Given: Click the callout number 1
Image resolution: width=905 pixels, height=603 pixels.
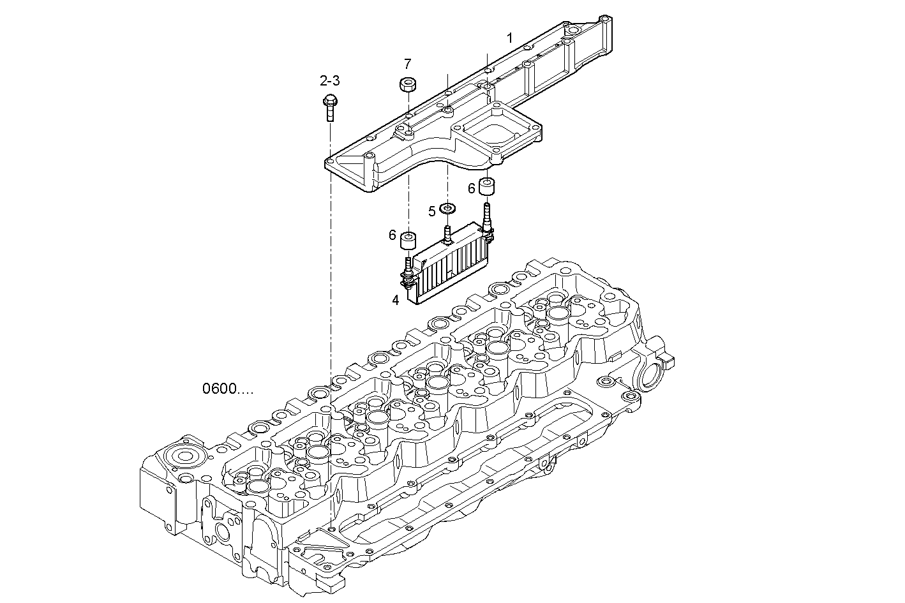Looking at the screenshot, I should tap(509, 38).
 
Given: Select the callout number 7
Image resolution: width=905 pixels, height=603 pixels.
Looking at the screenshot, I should tap(407, 64).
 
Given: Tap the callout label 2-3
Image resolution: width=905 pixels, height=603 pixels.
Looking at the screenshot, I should tap(329, 80).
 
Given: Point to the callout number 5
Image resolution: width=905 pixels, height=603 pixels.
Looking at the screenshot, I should tap(432, 211).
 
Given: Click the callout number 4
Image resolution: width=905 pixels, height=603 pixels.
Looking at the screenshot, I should tap(396, 299).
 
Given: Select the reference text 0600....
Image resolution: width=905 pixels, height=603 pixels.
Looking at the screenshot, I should tap(227, 389).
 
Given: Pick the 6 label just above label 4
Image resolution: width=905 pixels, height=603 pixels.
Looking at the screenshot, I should tap(393, 235).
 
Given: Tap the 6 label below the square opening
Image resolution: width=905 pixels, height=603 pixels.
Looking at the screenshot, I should tap(472, 188).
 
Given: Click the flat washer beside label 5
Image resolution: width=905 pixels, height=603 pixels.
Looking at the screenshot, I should tap(448, 208).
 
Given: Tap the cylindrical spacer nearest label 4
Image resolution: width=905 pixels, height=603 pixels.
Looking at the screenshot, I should tap(408, 241).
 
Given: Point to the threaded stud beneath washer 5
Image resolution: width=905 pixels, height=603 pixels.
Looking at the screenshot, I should tap(448, 234).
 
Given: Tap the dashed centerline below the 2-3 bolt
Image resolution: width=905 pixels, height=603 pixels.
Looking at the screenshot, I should tap(331, 255).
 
